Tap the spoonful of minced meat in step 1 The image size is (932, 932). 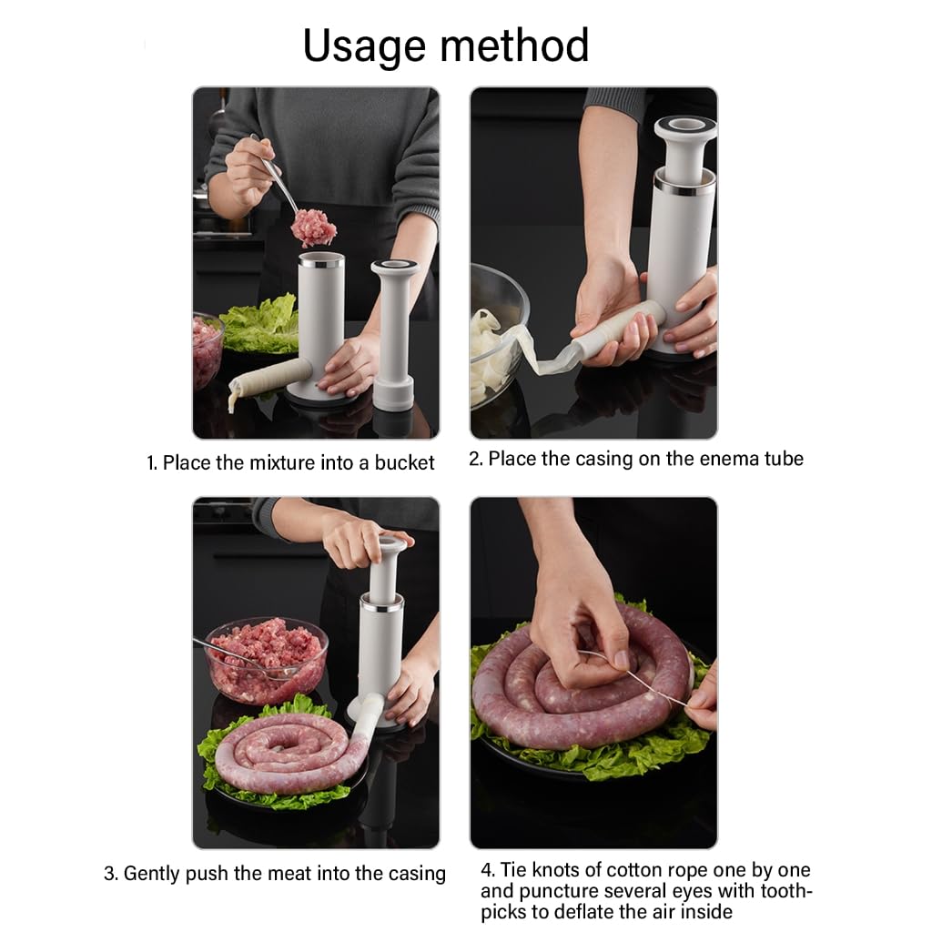(x=313, y=227)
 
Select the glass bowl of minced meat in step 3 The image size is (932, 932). (x=266, y=657)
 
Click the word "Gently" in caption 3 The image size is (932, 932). (x=152, y=874)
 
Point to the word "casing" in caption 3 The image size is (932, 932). (x=416, y=875)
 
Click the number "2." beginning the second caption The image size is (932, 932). (x=476, y=459)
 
